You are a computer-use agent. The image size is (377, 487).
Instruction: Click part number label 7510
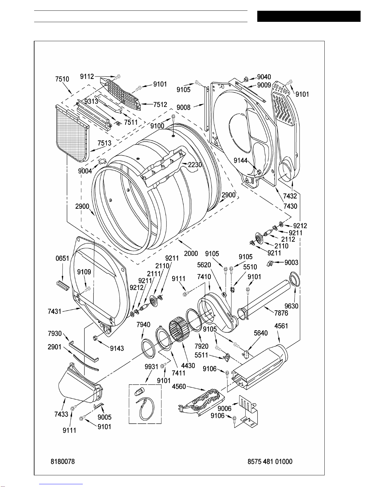62,79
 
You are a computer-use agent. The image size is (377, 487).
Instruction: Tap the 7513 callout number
104,143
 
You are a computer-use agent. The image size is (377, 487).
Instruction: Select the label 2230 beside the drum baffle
195,165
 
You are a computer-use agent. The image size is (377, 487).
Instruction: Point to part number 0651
62,258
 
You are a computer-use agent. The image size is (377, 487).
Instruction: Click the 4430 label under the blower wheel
188,366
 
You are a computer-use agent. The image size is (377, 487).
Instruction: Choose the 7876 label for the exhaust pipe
281,313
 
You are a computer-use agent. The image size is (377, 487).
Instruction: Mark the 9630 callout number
291,306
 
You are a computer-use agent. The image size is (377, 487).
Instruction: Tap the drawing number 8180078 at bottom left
62,461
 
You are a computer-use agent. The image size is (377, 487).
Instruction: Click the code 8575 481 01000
270,461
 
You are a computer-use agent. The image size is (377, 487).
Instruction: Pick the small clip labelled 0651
63,286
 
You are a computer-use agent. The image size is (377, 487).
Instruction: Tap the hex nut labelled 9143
95,337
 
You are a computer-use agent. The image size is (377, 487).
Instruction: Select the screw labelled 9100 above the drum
173,117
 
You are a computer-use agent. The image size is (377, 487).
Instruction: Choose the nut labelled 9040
246,79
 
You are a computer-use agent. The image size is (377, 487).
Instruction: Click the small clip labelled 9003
270,263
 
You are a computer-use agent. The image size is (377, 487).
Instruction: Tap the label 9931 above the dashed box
151,367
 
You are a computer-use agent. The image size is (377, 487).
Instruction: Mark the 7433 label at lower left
61,414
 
